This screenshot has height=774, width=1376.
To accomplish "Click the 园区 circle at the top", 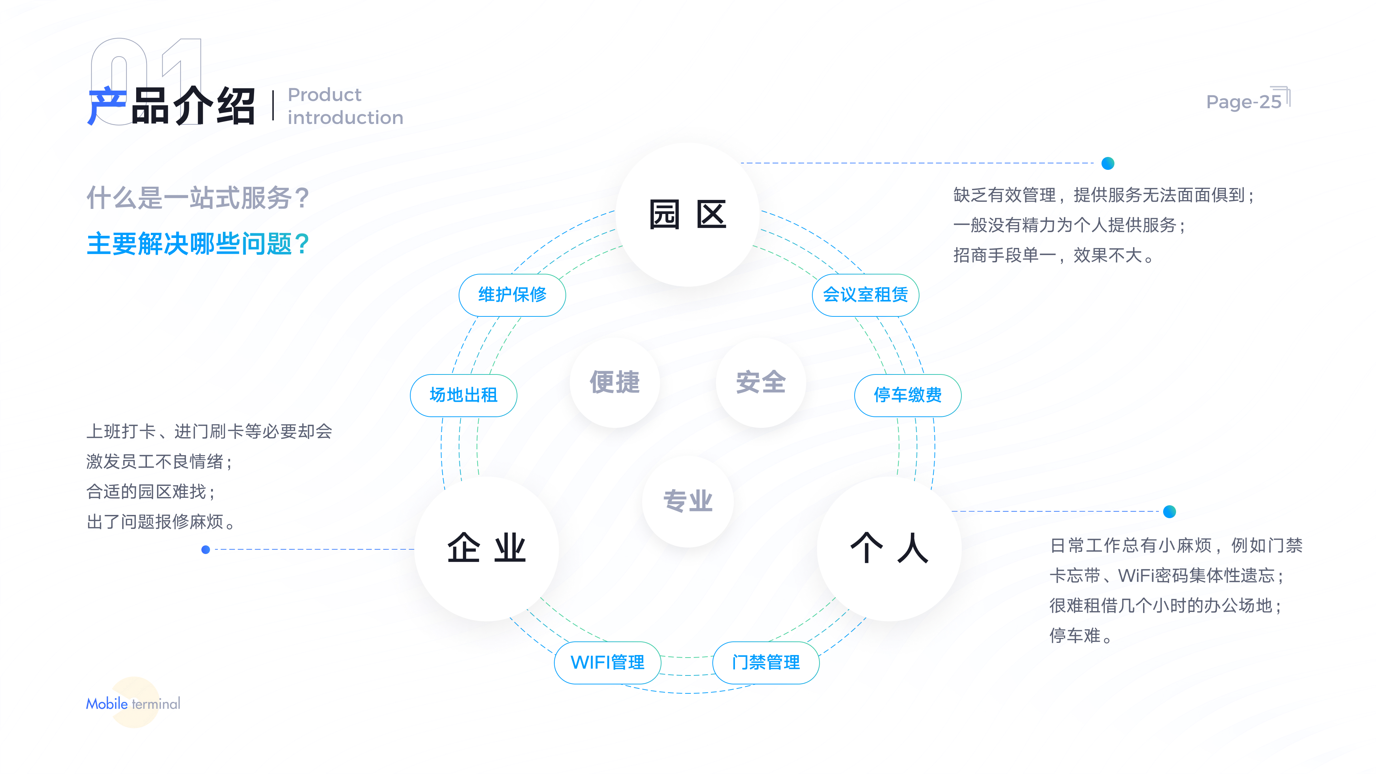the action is click(688, 215).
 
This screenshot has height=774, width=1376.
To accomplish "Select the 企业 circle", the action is click(487, 549).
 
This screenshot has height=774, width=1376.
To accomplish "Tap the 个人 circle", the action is click(889, 549).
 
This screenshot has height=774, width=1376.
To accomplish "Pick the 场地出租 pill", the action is click(463, 395).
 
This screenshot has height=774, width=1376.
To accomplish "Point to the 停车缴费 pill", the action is click(908, 395).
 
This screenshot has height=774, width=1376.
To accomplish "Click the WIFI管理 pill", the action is click(607, 662).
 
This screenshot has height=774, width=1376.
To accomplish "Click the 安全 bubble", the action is click(761, 382).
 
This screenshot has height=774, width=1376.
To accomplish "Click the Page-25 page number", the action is click(1243, 101).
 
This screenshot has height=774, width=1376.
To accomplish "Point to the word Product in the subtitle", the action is click(325, 95).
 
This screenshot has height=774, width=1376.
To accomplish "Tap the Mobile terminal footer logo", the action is click(133, 703).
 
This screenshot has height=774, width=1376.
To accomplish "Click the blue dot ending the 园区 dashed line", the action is click(1108, 163).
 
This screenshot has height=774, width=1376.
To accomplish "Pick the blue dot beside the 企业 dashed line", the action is click(206, 549).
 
